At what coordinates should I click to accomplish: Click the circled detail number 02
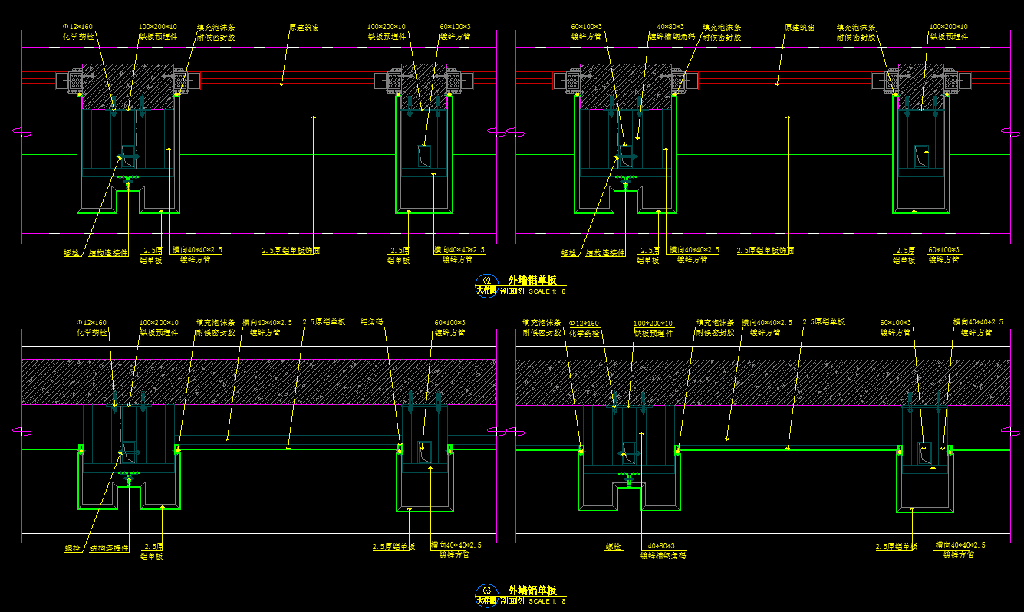click(486, 280)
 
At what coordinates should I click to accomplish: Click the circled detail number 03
click(486, 590)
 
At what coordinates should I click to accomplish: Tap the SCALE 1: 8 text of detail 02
click(548, 291)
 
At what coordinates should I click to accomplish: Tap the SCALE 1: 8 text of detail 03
click(548, 601)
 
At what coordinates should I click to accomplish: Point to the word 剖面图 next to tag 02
click(512, 291)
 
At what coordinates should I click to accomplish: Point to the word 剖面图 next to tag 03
click(512, 601)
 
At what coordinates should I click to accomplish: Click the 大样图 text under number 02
click(486, 291)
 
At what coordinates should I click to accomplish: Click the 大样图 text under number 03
click(486, 600)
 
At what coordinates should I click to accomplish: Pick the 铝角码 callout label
click(372, 323)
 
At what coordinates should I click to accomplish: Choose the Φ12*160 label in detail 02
click(77, 27)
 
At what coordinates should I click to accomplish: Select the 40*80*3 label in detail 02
click(670, 27)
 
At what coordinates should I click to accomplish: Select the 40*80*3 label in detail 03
click(660, 546)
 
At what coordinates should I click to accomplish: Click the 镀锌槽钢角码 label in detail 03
click(663, 555)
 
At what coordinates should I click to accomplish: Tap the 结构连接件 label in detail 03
click(109, 548)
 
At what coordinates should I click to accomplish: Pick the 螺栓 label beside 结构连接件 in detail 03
click(73, 548)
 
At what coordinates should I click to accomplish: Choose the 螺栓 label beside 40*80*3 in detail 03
click(613, 547)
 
